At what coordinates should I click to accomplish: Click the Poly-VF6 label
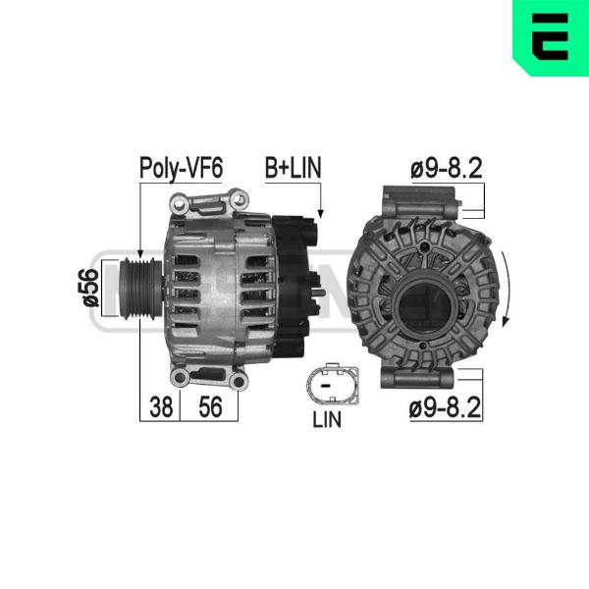181,168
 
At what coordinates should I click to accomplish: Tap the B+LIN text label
293,168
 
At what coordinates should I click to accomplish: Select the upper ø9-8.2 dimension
447,168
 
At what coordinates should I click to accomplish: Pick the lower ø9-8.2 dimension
445,407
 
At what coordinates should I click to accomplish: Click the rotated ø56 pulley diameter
91,288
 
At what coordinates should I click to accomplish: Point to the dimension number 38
161,406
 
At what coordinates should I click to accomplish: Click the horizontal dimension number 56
210,406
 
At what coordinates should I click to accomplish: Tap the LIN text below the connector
327,419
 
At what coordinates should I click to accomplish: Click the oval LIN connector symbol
333,384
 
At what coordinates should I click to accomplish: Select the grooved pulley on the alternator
140,288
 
